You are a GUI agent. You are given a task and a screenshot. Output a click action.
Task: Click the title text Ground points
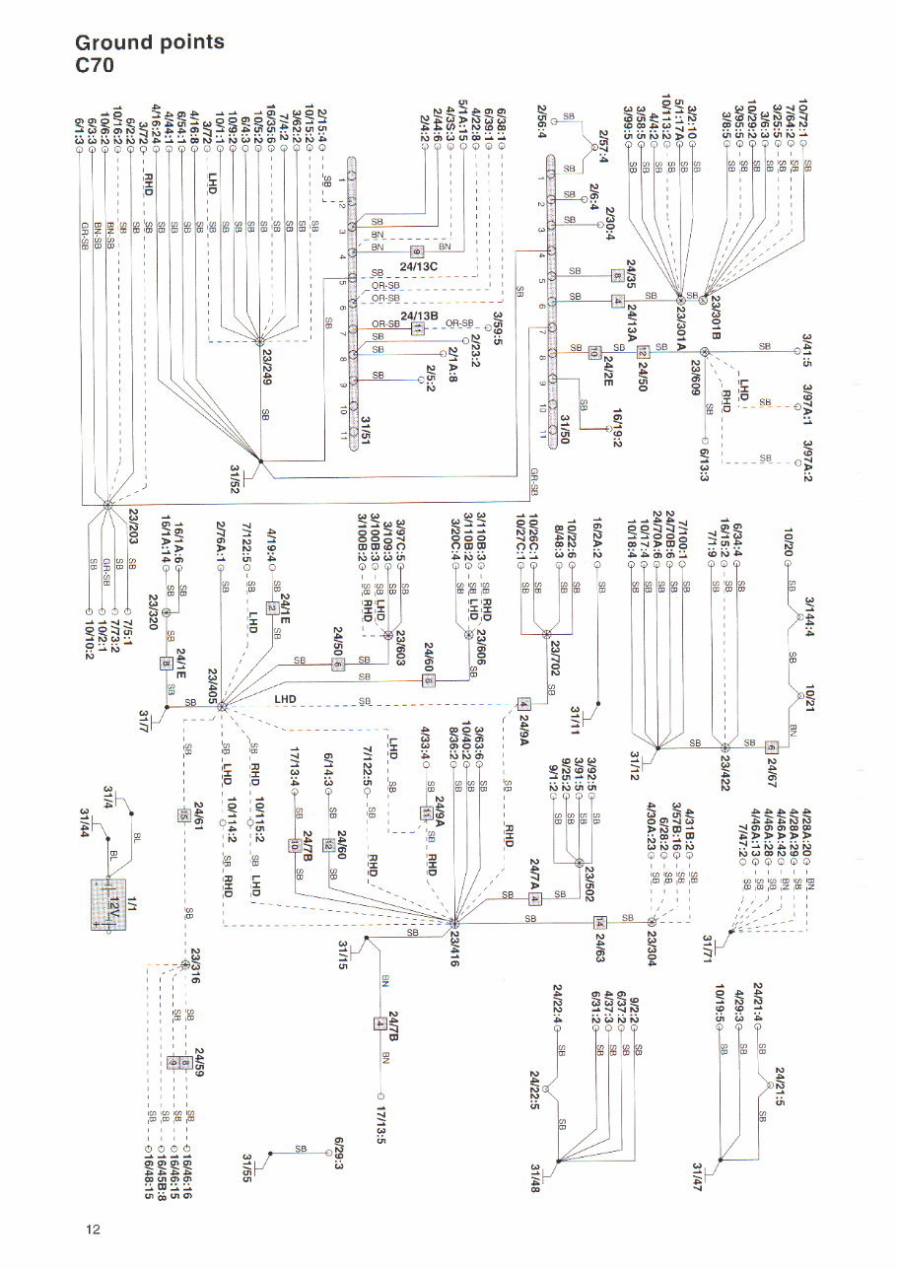point(150,42)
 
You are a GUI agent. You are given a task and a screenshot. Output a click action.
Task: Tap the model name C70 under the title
point(96,67)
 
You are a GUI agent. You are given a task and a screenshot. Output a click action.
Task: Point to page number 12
point(93,1229)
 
